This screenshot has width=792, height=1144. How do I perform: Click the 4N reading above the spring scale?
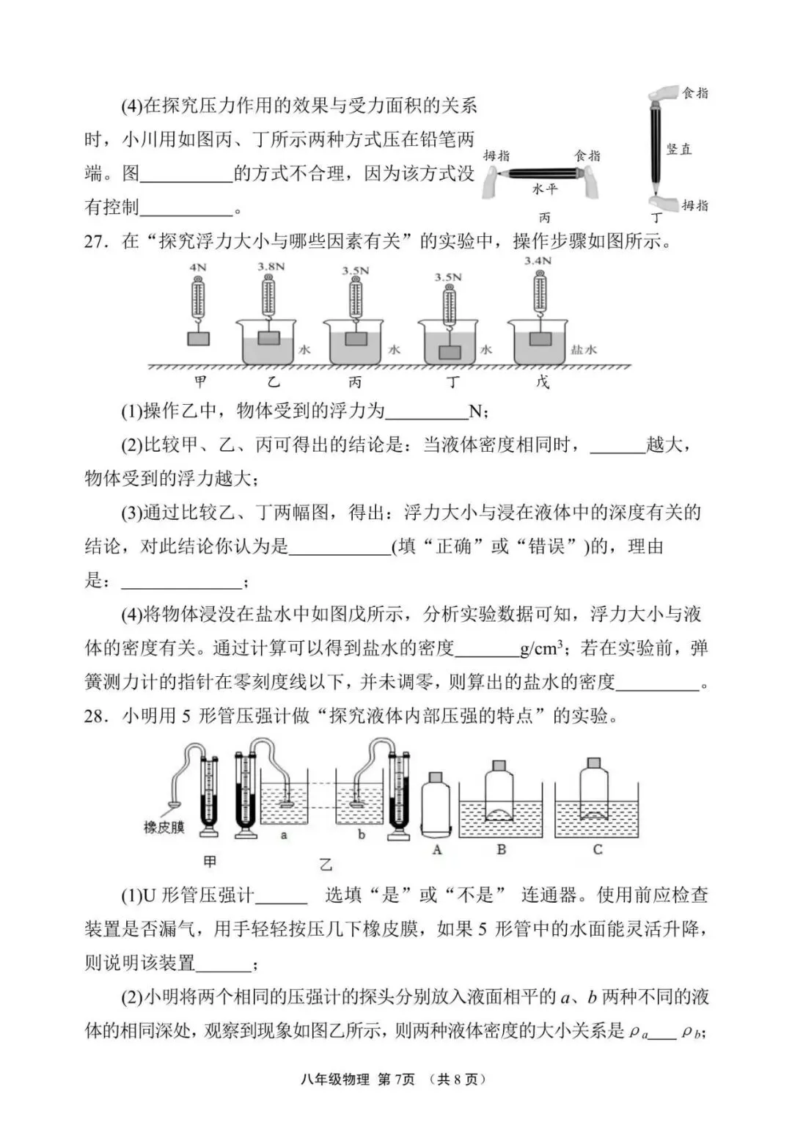[x=198, y=268]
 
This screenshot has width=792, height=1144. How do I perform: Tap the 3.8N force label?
[x=271, y=266]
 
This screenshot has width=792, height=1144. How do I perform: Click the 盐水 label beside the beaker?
[x=584, y=350]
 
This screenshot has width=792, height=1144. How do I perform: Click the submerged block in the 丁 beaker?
[x=450, y=351]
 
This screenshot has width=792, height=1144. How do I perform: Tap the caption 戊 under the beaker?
[x=542, y=382]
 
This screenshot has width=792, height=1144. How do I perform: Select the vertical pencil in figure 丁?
[x=655, y=147]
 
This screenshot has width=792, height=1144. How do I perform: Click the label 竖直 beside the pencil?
[x=679, y=149]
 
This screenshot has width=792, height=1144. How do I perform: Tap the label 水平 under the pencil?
[x=545, y=189]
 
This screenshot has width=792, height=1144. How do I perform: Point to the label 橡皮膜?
[x=164, y=827]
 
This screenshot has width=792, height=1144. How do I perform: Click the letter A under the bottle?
[x=438, y=849]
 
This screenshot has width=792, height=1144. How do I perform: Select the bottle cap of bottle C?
[x=594, y=763]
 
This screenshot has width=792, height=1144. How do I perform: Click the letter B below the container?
[x=502, y=849]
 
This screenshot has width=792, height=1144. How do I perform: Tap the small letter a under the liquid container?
[x=285, y=835]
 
